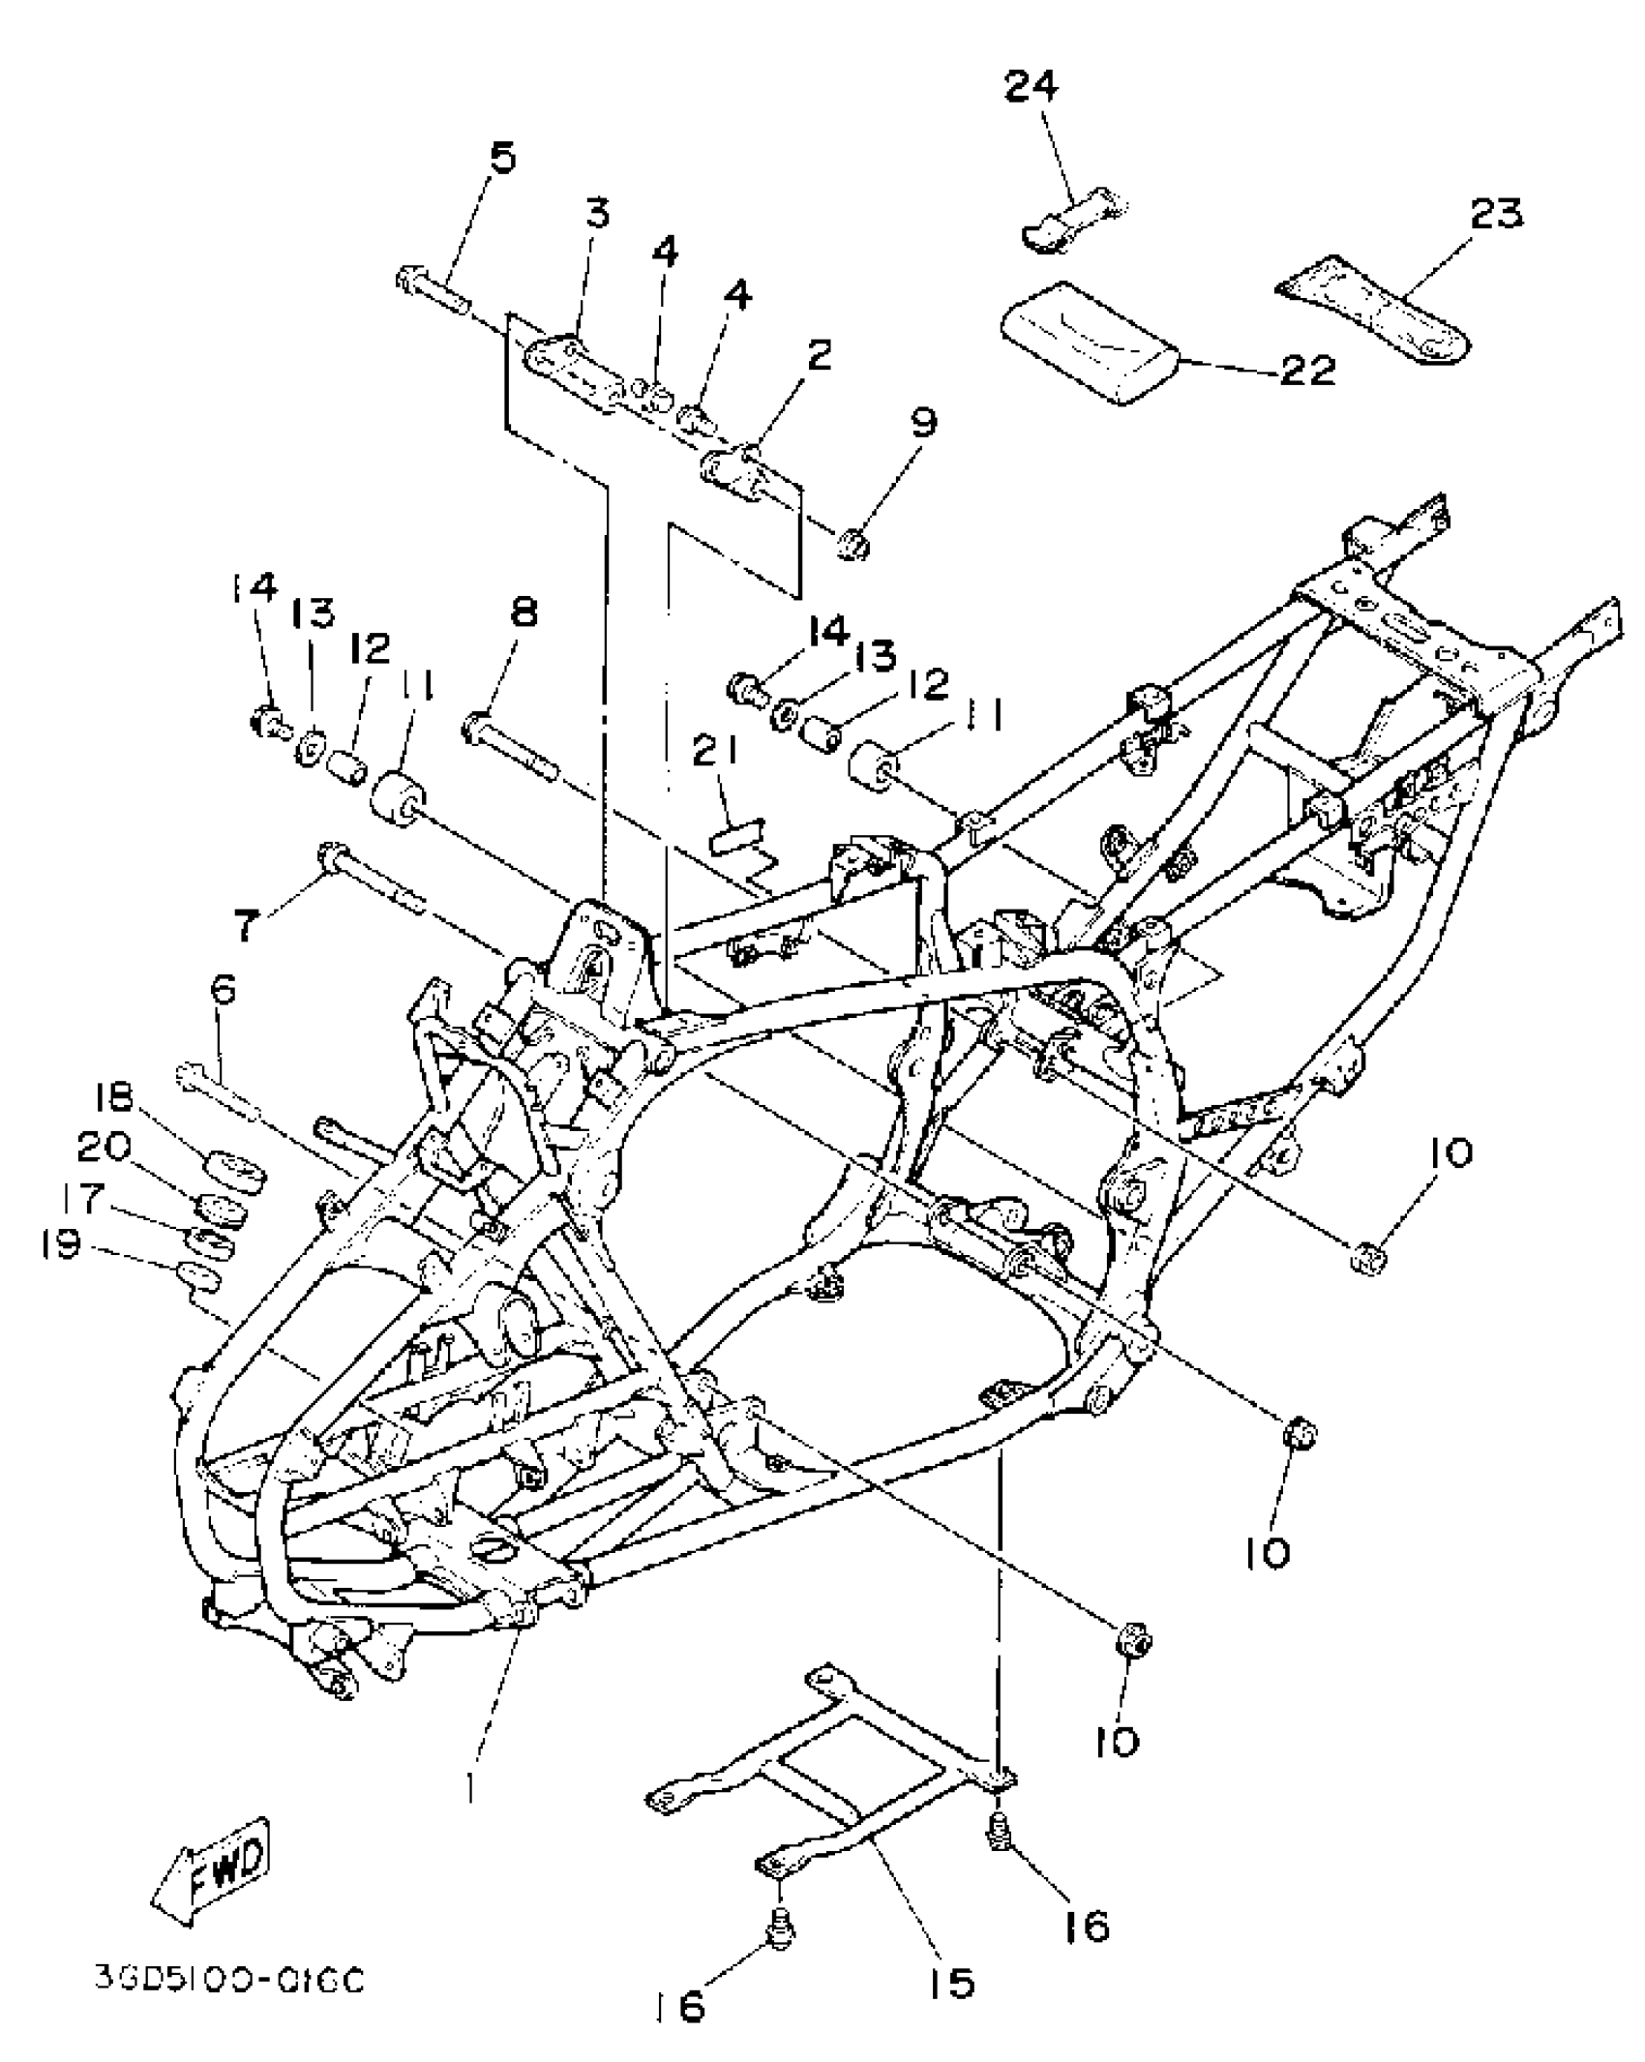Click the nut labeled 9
[853, 545]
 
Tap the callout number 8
[523, 612]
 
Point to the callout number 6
[224, 992]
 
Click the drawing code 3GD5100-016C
[229, 1980]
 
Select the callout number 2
[819, 356]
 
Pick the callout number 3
[598, 210]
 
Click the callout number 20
[105, 1147]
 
